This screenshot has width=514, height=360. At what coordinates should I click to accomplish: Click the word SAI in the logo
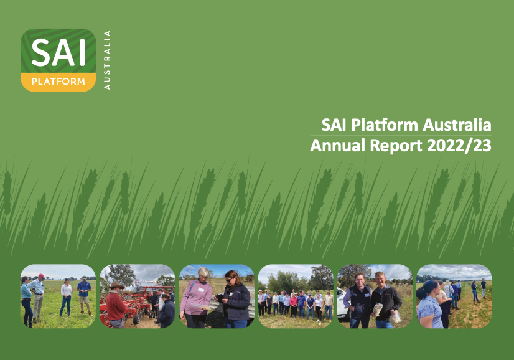[x=58, y=54]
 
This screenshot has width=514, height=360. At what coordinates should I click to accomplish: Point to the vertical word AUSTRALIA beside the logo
[x=108, y=60]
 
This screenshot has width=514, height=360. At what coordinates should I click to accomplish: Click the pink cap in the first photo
[x=41, y=275]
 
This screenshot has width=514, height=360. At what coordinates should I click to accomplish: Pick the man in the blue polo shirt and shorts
[x=84, y=295]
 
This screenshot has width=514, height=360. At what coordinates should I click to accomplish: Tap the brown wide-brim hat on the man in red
[x=116, y=285]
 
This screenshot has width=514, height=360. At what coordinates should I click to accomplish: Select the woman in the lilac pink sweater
[x=195, y=299]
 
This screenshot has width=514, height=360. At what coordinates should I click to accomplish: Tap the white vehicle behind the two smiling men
[x=343, y=303]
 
